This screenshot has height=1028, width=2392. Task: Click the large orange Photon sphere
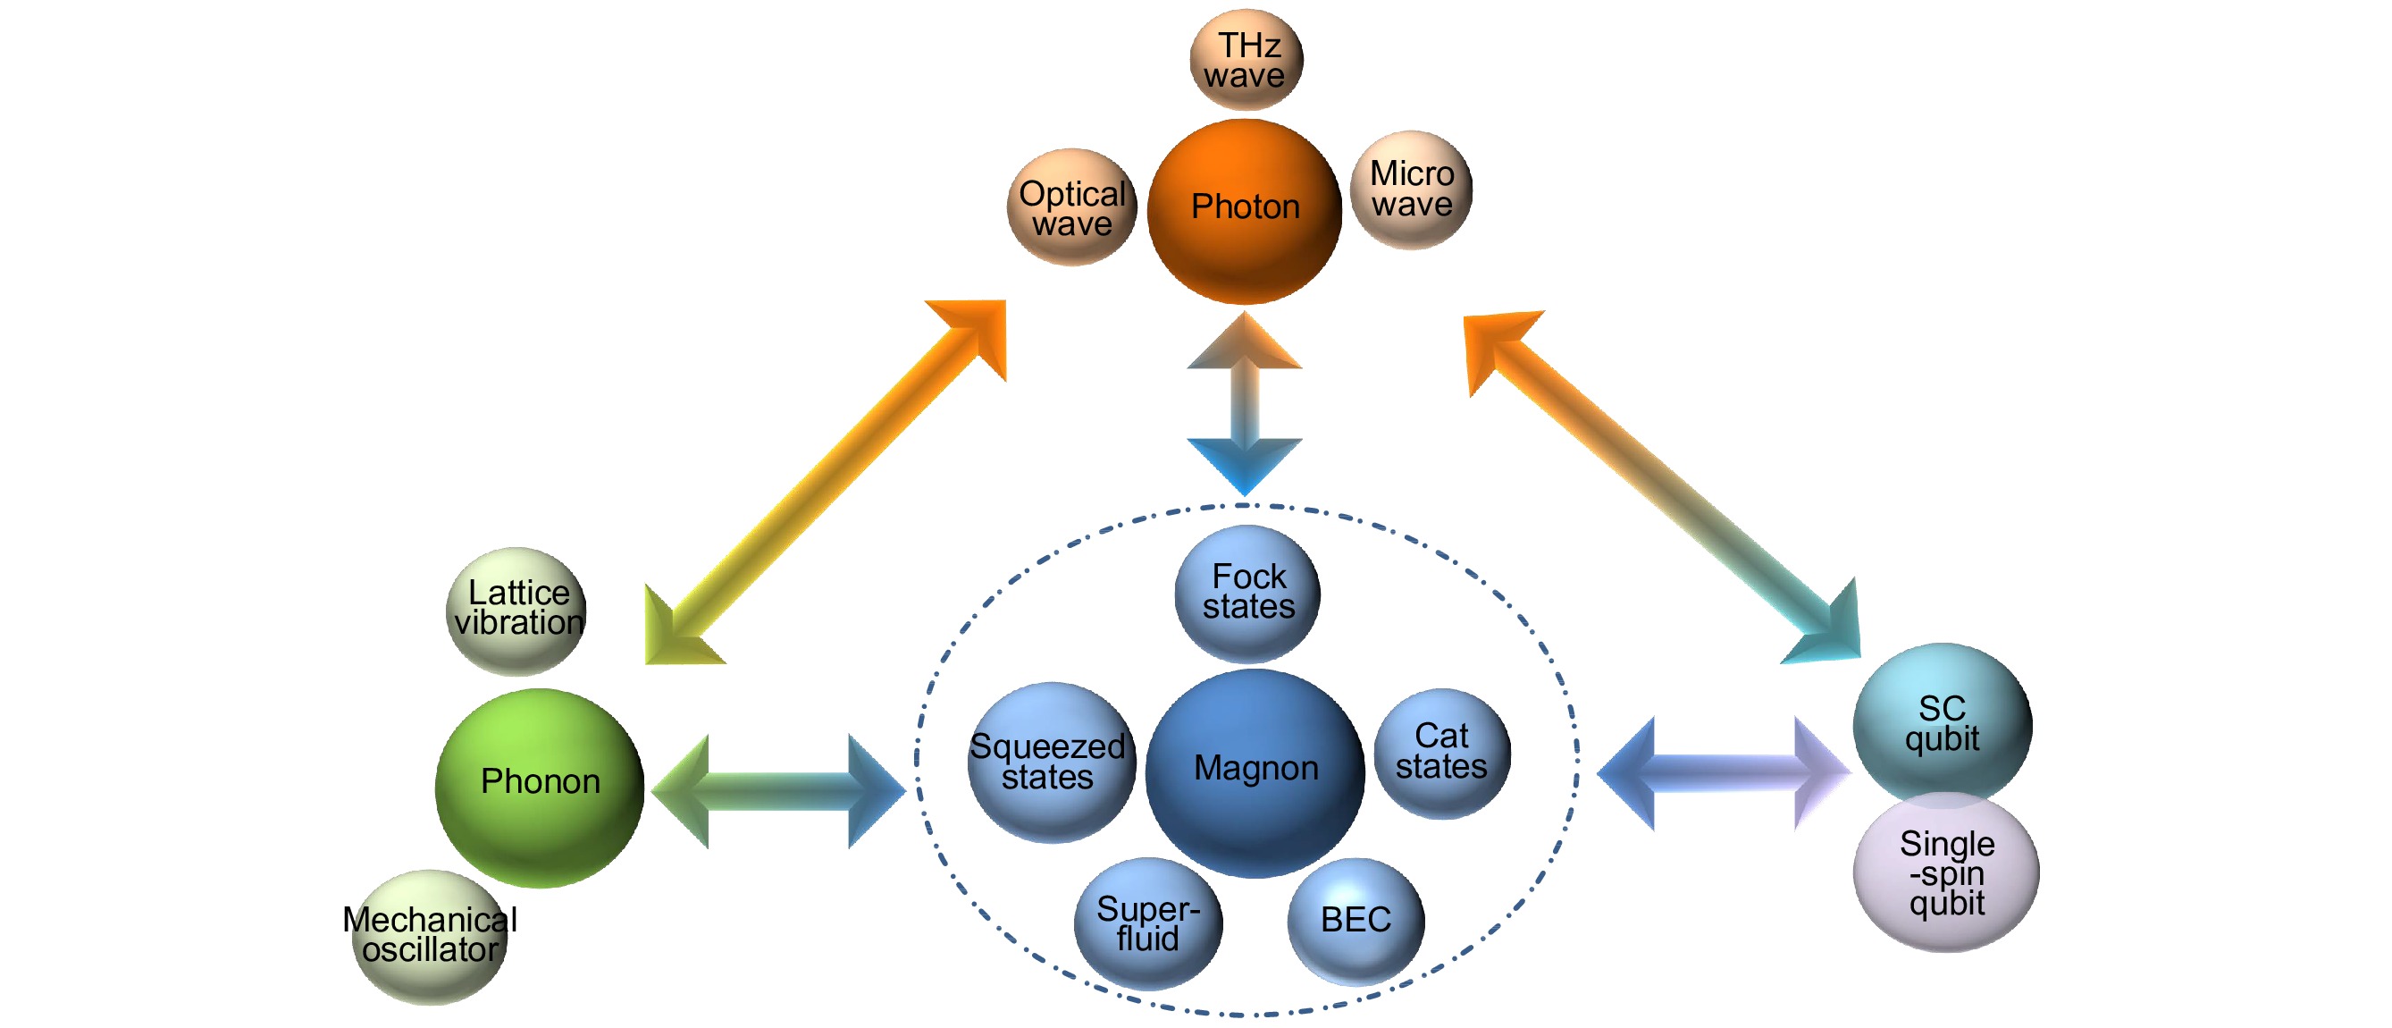1245,211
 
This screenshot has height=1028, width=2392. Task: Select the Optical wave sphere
1071,207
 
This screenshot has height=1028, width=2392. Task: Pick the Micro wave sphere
1412,190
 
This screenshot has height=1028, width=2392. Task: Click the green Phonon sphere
540,787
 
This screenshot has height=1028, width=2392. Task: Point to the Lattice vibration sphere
517,611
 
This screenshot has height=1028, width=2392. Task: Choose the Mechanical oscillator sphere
430,936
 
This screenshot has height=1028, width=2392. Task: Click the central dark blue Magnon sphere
1255,772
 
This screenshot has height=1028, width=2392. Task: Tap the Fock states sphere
1247,593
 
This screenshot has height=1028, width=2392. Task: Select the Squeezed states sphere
1050,763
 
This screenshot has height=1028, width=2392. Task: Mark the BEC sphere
1355,920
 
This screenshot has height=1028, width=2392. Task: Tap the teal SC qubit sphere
1942,722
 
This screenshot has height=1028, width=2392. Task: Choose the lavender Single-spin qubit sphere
1946,873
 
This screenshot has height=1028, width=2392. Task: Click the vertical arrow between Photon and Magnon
1245,404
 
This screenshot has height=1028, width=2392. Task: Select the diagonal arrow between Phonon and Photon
826,481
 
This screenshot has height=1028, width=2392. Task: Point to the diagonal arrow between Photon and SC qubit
1662,486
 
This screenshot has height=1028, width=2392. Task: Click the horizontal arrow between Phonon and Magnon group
778,791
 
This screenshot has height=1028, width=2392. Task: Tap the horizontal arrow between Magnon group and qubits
1724,772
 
